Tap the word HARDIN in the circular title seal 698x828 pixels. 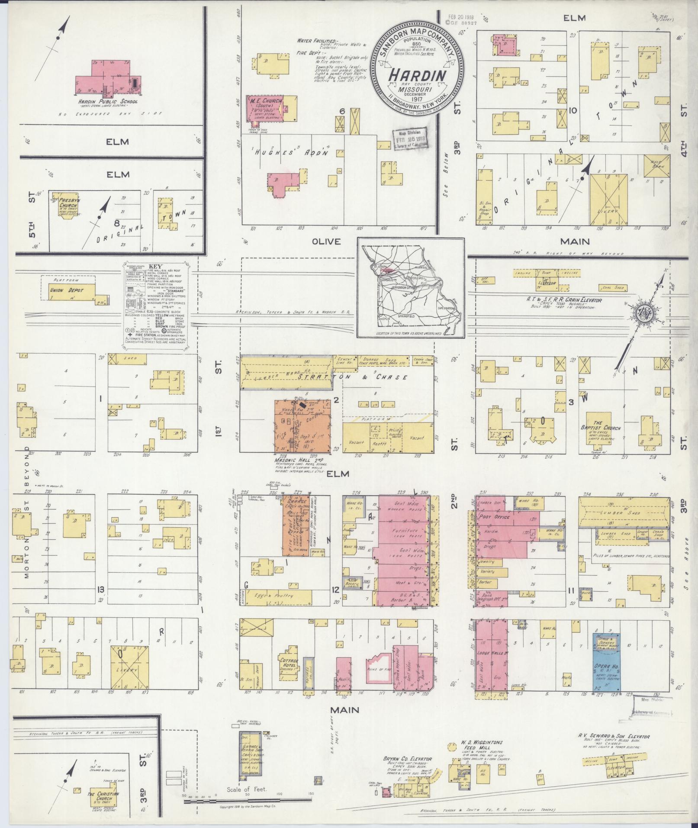[417, 75]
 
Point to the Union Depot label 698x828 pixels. [66, 290]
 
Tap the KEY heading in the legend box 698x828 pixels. [155, 267]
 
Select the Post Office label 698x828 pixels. [498, 517]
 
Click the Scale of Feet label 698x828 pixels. [246, 789]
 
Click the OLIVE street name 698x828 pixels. [326, 241]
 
